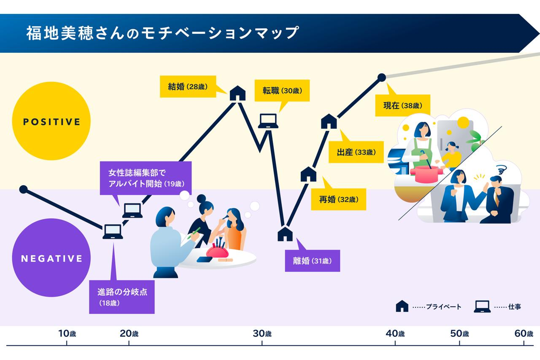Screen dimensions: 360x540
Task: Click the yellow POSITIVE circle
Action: pyautogui.click(x=51, y=121)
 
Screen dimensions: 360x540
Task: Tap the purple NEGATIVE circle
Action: pyautogui.click(x=51, y=258)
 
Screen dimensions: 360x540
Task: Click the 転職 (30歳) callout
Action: pyautogui.click(x=282, y=90)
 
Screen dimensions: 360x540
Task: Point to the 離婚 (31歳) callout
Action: pyautogui.click(x=312, y=261)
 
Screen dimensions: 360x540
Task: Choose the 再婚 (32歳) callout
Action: pyautogui.click(x=339, y=199)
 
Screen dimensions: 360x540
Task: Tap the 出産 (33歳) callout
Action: pyautogui.click(x=356, y=152)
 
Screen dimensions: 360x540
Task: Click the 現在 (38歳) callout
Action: pyautogui.click(x=402, y=105)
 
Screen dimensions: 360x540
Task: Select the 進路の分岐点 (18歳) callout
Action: pyautogui.click(x=122, y=297)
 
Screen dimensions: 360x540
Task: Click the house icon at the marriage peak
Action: pyautogui.click(x=237, y=93)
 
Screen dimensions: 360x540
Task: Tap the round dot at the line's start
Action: pyautogui.click(x=23, y=189)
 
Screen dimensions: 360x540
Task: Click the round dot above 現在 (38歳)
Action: pyautogui.click(x=381, y=78)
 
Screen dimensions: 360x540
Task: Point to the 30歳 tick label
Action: pyautogui.click(x=262, y=333)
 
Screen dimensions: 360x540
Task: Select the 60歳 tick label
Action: pyautogui.click(x=523, y=333)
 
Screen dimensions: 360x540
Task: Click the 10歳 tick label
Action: pyautogui.click(x=67, y=333)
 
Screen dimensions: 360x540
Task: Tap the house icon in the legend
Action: pyautogui.click(x=402, y=306)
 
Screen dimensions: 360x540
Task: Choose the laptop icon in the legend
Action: pyautogui.click(x=482, y=306)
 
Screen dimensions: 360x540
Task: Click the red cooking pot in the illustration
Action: pyautogui.click(x=426, y=174)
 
